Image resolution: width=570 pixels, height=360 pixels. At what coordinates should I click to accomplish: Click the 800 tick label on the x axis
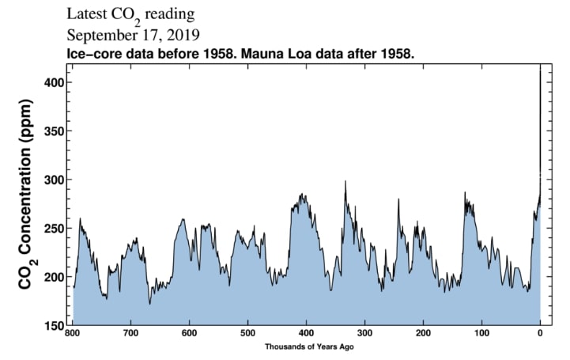[x=73, y=333]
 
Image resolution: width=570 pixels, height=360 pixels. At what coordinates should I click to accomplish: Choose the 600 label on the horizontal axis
[x=190, y=333]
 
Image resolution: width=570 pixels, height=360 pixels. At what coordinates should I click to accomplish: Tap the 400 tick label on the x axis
[x=306, y=333]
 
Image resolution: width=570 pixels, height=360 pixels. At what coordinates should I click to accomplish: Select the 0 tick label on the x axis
[x=540, y=333]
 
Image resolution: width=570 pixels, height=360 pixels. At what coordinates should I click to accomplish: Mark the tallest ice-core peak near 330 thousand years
[x=345, y=181]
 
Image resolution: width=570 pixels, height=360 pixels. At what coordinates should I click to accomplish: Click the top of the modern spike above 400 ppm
[x=540, y=70]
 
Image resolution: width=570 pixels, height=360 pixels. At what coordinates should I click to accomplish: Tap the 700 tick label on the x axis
[x=131, y=333]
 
